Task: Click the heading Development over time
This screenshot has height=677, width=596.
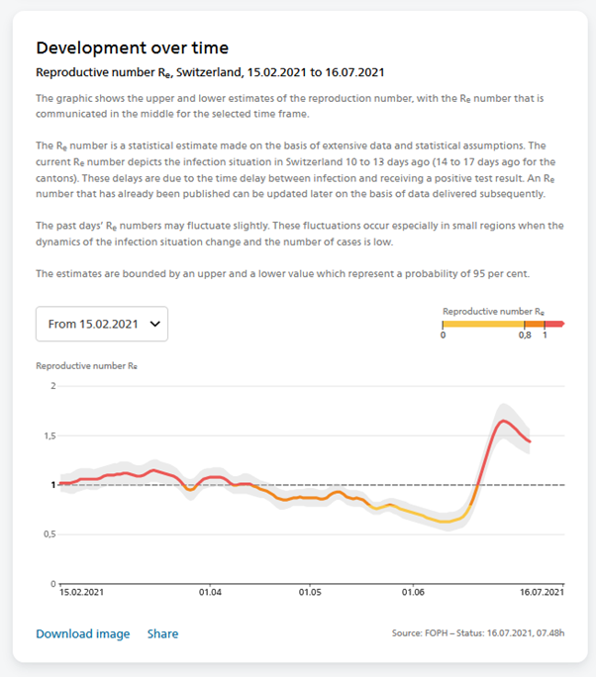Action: (132, 48)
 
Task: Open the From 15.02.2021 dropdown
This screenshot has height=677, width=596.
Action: (101, 324)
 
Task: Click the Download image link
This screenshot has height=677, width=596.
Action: (82, 633)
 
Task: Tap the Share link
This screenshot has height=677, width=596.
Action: (162, 633)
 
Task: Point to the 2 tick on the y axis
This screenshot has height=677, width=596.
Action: (52, 385)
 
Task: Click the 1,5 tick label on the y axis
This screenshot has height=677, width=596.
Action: (50, 435)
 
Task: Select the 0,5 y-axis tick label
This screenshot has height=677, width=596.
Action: (50, 534)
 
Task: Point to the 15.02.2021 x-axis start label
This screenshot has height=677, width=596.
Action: (83, 593)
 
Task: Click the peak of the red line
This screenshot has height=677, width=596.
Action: (504, 421)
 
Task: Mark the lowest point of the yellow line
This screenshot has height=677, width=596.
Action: (447, 522)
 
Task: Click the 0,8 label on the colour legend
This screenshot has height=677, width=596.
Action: (525, 336)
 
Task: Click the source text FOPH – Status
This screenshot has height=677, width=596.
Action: (479, 633)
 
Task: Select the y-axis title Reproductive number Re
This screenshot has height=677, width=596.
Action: (86, 365)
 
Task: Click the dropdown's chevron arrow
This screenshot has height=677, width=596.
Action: (153, 324)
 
